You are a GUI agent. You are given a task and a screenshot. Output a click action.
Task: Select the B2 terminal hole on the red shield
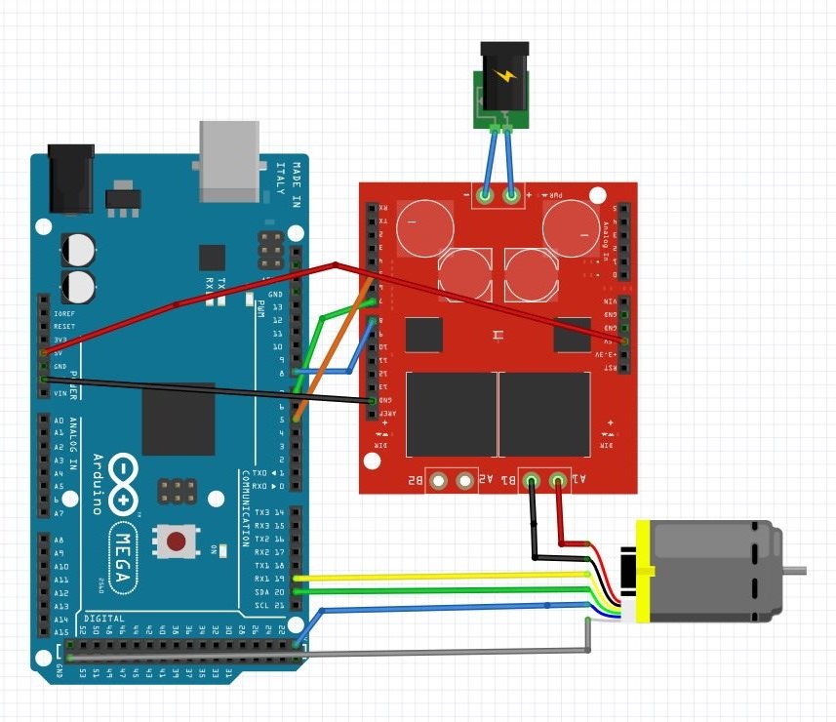pos(439,480)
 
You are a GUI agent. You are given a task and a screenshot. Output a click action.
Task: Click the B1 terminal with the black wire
pos(532,480)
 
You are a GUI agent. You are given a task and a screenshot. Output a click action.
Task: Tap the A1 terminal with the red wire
pos(559,480)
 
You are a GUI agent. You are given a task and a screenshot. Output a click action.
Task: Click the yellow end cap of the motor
pos(643,571)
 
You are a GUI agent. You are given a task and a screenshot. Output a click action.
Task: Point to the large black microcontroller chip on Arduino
pos(178,419)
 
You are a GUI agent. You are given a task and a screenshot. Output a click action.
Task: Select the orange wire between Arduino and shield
pos(331,351)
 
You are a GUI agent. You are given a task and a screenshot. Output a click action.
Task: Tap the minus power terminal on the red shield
pos(485,196)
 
